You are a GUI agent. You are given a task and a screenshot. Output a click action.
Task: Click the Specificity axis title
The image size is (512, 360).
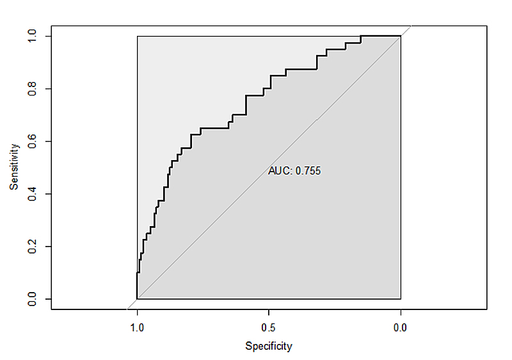269,347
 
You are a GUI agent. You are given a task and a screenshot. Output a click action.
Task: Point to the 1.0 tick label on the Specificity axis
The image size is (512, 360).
137,328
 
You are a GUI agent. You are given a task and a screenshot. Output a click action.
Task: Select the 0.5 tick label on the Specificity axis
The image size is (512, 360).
269,328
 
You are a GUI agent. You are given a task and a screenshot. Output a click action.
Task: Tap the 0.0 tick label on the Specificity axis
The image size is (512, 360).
401,328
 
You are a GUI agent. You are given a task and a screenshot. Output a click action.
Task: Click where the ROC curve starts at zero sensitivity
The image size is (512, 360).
137,299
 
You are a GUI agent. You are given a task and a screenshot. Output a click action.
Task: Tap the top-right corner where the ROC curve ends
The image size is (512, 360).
401,36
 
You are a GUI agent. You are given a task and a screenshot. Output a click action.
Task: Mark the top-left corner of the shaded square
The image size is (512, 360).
137,36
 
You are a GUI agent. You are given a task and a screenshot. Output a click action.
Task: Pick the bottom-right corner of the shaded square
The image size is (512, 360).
401,299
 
